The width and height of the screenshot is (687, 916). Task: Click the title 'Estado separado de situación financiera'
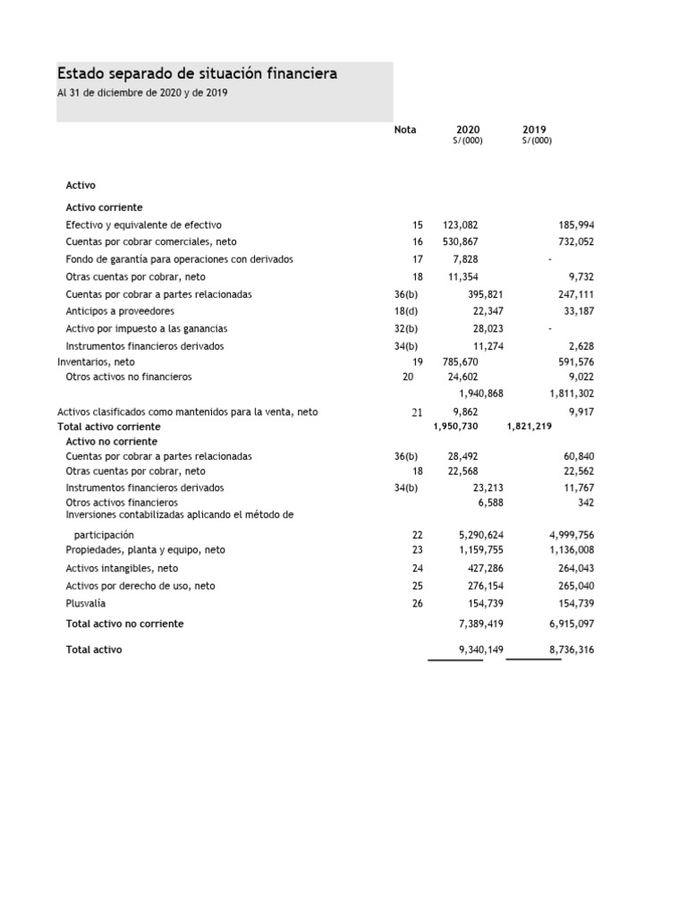(197, 73)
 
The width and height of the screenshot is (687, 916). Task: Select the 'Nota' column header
(405, 130)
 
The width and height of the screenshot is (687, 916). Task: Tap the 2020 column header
(468, 130)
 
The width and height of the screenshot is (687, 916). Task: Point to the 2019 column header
(536, 130)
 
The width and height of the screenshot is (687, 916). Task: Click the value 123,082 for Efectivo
(461, 225)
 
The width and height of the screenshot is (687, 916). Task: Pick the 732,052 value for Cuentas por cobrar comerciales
(576, 242)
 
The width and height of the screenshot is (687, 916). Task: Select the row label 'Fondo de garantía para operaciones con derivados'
(179, 259)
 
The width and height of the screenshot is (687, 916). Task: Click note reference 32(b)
(406, 329)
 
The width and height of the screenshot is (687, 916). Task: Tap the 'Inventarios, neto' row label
(96, 362)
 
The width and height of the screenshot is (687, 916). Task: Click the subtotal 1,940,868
(481, 394)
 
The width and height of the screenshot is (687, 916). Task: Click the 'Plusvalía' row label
(86, 604)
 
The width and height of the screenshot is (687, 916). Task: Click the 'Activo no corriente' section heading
(111, 442)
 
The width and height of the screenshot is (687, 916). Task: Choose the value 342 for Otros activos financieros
(586, 504)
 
